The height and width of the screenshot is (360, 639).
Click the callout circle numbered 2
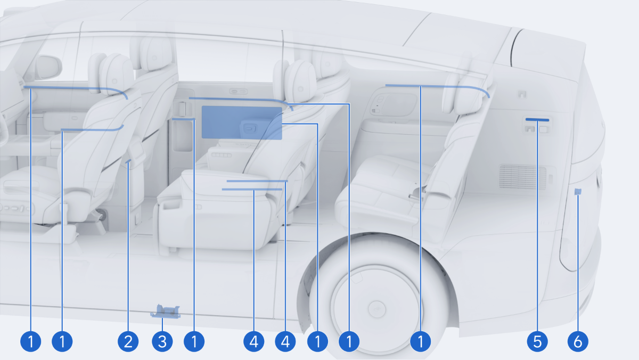pyautogui.click(x=128, y=341)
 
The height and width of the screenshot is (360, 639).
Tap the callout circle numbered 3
pyautogui.click(x=162, y=341)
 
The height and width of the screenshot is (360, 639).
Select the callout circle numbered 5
pyautogui.click(x=537, y=341)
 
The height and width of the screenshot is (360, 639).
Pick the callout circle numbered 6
pyautogui.click(x=578, y=341)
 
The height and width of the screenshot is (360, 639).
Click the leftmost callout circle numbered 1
pyautogui.click(x=30, y=341)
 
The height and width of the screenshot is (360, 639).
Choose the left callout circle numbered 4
pyautogui.click(x=254, y=341)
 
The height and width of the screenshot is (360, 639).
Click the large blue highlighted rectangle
pyautogui.click(x=242, y=122)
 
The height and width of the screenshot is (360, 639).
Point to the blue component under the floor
pyautogui.click(x=166, y=312)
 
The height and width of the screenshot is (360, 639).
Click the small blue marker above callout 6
pyautogui.click(x=578, y=192)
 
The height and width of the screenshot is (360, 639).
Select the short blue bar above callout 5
pyautogui.click(x=537, y=120)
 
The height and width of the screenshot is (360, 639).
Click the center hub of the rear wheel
pyautogui.click(x=377, y=309)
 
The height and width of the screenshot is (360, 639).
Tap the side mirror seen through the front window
pyautogui.click(x=48, y=68)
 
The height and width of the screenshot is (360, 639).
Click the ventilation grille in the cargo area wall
pyautogui.click(x=522, y=177)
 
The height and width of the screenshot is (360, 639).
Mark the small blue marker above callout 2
pyautogui.click(x=128, y=161)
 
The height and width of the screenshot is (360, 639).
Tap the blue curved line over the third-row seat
pyautogui.click(x=438, y=87)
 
